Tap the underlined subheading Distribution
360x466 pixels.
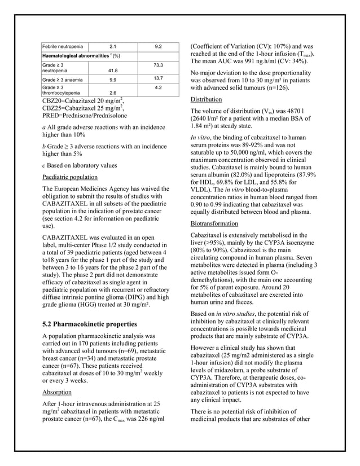click(206, 99)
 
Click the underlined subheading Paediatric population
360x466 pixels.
click(71, 177)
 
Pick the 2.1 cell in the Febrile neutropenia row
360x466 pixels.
click(112, 45)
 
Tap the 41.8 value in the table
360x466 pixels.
click(112, 71)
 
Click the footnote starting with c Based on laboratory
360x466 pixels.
click(82, 165)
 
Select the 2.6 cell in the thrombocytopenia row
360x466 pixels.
click(112, 93)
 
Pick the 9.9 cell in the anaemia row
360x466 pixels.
click(112, 80)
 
